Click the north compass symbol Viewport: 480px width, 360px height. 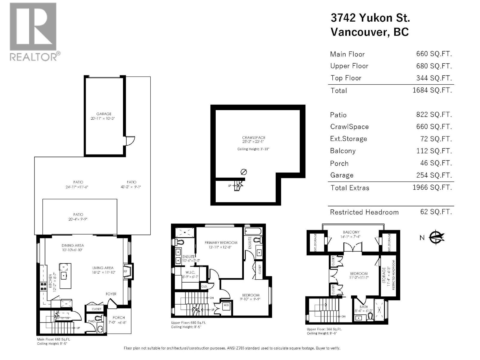point(436,237)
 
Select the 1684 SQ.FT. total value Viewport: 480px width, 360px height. point(432,90)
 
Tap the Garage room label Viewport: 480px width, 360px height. point(103,114)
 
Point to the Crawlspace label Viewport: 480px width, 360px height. point(253,138)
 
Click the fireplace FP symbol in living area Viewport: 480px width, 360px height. point(126,271)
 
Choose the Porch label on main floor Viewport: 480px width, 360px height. point(119,317)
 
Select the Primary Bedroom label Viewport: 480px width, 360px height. point(221,242)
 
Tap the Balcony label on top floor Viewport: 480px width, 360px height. point(351,232)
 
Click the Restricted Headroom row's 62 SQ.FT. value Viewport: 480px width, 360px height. point(436,212)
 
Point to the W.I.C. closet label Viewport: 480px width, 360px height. point(190,272)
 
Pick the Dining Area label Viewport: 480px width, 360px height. point(73,245)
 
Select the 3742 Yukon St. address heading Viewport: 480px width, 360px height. point(370,18)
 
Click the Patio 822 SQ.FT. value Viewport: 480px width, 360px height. point(434,115)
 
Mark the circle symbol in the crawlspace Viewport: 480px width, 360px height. point(244,172)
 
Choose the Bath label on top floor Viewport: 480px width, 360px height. point(364,307)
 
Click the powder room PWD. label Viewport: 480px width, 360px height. point(92,321)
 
